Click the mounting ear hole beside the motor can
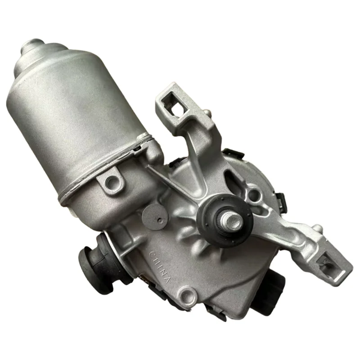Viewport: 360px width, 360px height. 111,181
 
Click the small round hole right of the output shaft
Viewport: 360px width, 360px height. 255,195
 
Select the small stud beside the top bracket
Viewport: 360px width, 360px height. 206,112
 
